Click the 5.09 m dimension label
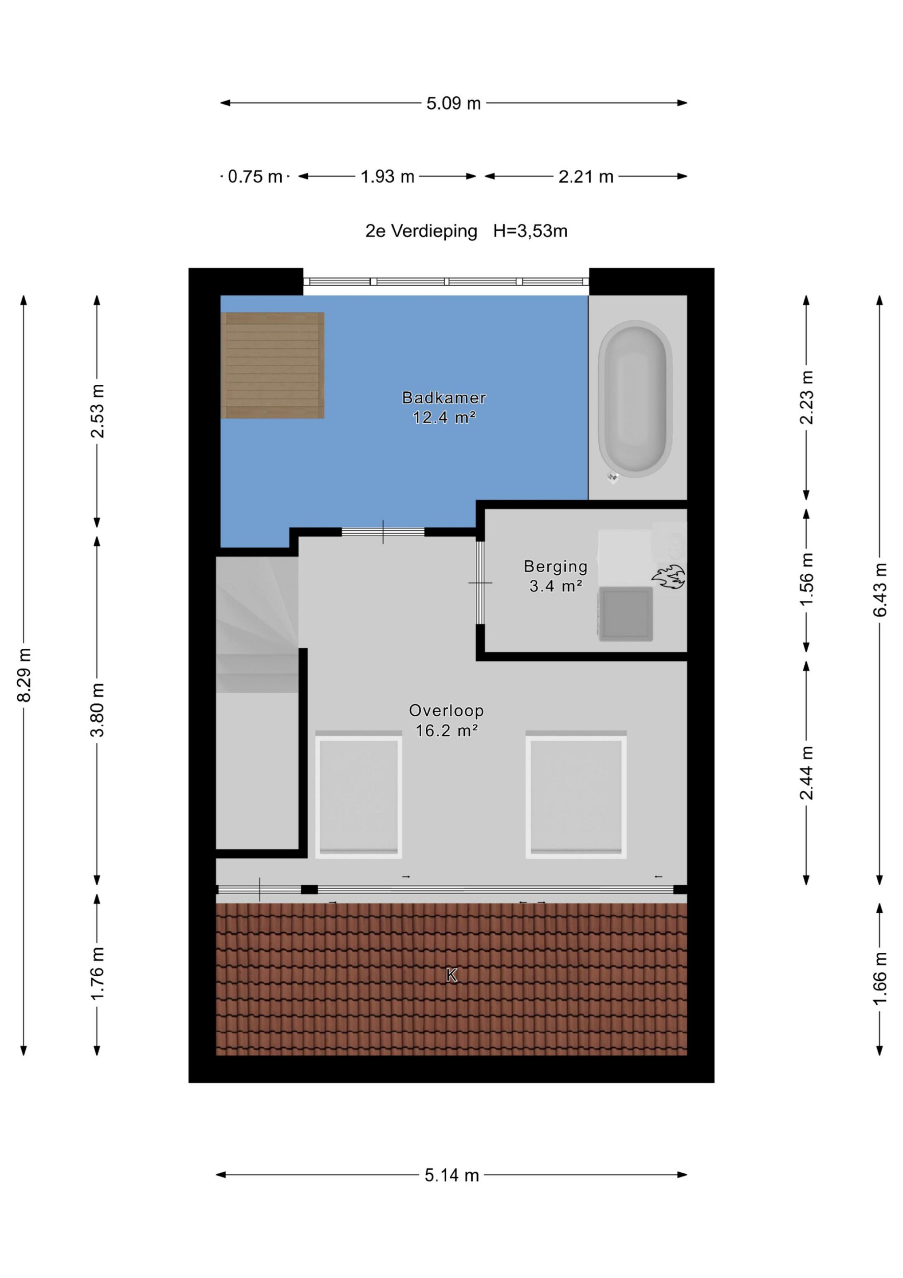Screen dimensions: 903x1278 point(453,103)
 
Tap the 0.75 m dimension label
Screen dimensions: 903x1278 point(255,177)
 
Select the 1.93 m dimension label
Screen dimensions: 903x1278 point(387,177)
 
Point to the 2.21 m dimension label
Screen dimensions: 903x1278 point(586,177)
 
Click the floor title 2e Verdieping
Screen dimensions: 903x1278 point(421,231)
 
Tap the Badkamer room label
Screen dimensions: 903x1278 point(444,398)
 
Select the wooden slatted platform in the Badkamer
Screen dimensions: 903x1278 point(273,365)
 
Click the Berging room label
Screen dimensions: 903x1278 point(556,567)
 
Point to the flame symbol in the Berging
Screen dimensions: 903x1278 point(668,577)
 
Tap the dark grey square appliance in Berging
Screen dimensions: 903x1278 point(626,614)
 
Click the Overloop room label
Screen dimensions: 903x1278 point(446,711)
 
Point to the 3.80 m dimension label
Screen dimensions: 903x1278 point(98,710)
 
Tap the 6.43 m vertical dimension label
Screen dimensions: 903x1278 point(879,590)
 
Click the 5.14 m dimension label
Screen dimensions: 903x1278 point(452,1175)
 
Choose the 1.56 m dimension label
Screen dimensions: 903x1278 point(807,580)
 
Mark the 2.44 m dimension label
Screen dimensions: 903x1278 point(807,773)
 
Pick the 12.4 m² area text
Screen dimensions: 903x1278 point(444,418)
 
